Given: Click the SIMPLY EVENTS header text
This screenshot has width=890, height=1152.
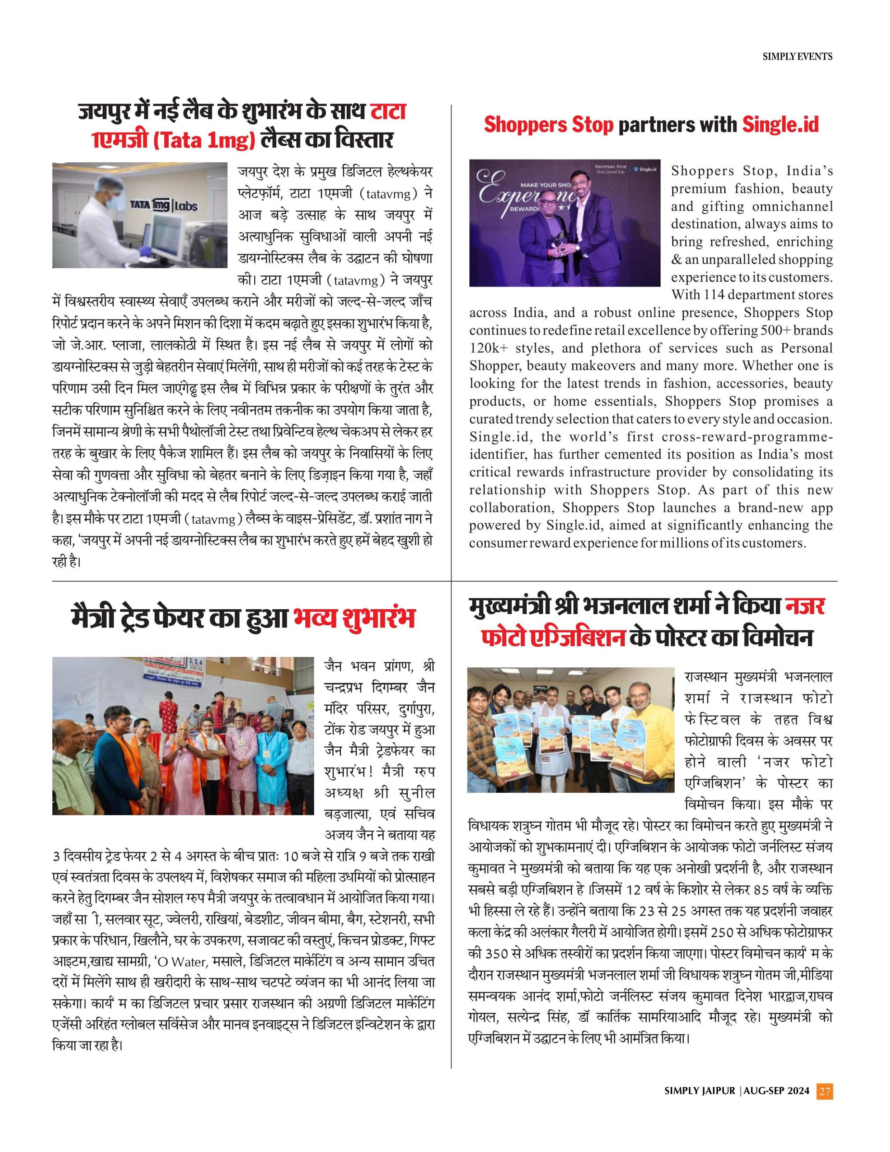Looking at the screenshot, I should point(797,56).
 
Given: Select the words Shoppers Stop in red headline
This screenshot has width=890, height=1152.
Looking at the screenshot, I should point(548,125).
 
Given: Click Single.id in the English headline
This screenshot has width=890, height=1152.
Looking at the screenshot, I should point(780,125).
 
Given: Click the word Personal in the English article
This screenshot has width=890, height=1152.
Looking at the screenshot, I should point(807,349).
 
